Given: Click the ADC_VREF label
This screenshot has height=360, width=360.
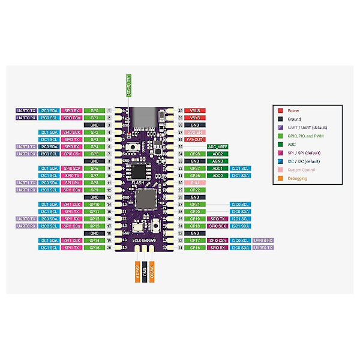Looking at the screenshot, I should [x=217, y=146].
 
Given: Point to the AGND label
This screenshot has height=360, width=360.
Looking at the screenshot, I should [x=217, y=161].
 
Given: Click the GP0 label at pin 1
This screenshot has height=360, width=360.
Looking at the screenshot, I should [x=94, y=111].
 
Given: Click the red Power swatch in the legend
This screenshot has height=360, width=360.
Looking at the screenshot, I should [x=280, y=111].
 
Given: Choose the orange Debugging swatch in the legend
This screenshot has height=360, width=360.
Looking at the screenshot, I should [x=280, y=178].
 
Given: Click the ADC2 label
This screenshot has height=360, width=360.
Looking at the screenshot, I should [x=217, y=154].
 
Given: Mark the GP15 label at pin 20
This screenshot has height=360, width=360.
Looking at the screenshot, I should [x=94, y=247].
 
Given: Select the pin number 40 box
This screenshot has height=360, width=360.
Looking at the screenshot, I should [x=180, y=111].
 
